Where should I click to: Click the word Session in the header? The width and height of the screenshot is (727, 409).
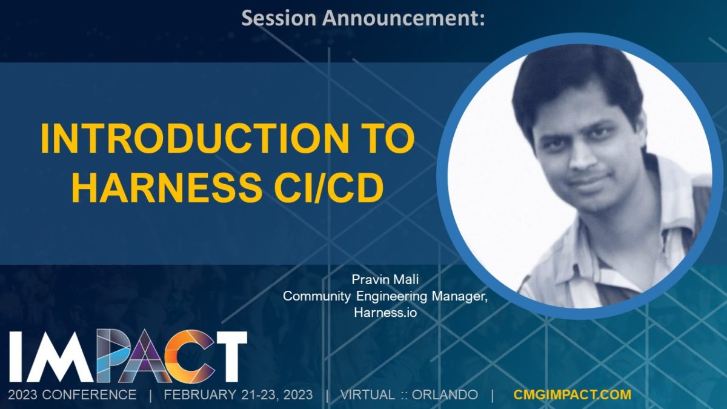pos(279,18)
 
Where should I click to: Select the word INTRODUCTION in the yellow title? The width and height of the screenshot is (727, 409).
pos(194,139)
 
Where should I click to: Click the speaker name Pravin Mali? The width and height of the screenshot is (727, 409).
pos(385,279)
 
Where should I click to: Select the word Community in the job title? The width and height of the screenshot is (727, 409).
pos(317,296)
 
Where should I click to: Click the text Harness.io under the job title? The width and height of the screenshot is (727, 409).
pos(385,313)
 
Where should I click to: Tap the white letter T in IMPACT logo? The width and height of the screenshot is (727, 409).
pos(228,356)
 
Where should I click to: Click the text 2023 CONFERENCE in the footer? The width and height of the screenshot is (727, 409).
pos(72,395)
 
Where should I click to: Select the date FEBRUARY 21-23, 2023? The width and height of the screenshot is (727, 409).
pos(238,395)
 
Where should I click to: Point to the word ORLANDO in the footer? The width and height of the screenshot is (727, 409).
pos(445,395)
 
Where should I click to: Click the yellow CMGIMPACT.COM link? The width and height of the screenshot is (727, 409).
pos(573,394)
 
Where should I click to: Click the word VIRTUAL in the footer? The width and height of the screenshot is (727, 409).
pos(367,395)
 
